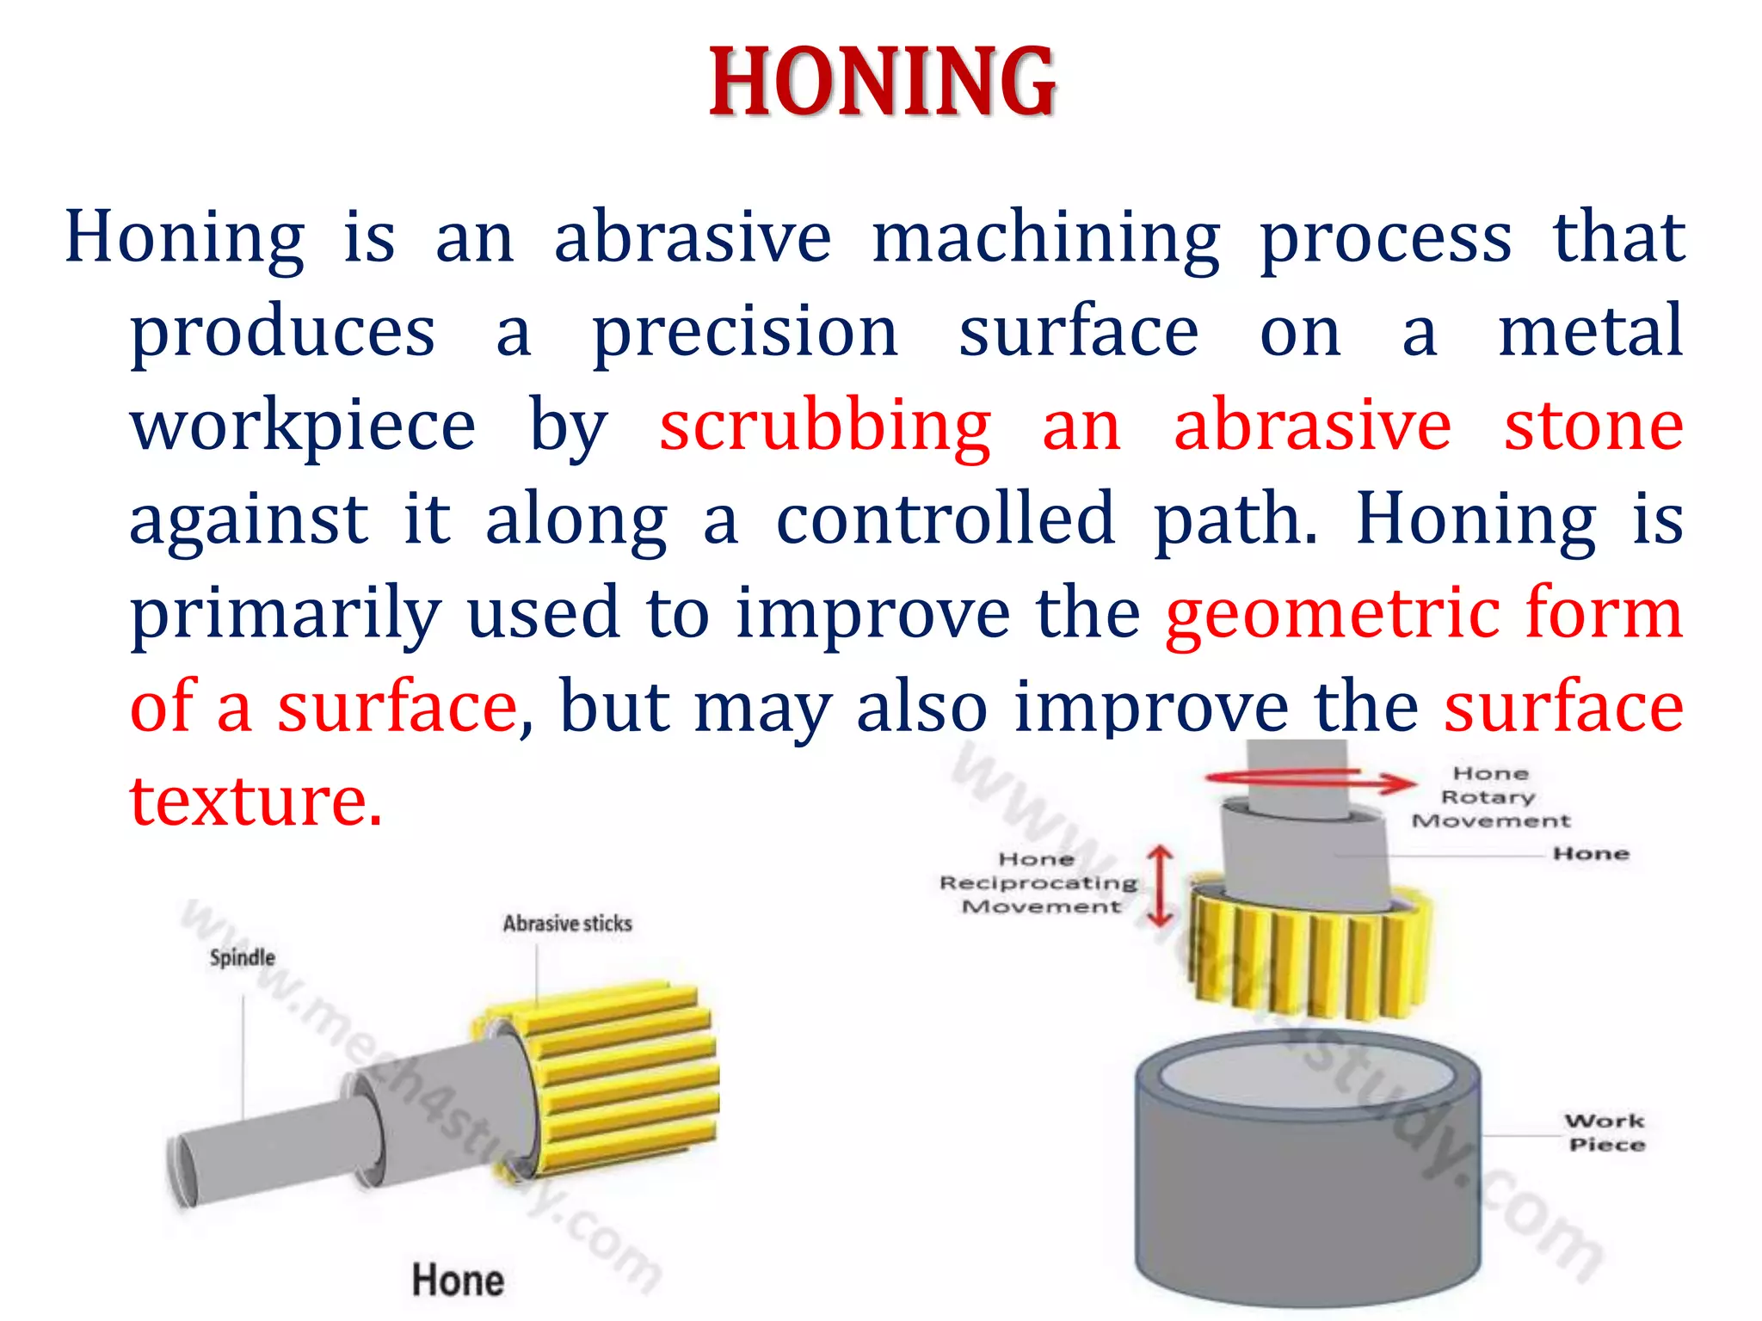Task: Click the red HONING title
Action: tap(883, 83)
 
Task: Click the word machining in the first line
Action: tap(1045, 239)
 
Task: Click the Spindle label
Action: tap(243, 958)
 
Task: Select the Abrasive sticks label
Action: tap(567, 924)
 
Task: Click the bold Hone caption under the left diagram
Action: tap(458, 1280)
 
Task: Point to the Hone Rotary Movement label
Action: tap(1491, 797)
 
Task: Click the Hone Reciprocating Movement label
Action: tap(1039, 882)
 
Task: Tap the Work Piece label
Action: tap(1605, 1133)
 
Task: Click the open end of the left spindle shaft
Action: tap(182, 1170)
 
